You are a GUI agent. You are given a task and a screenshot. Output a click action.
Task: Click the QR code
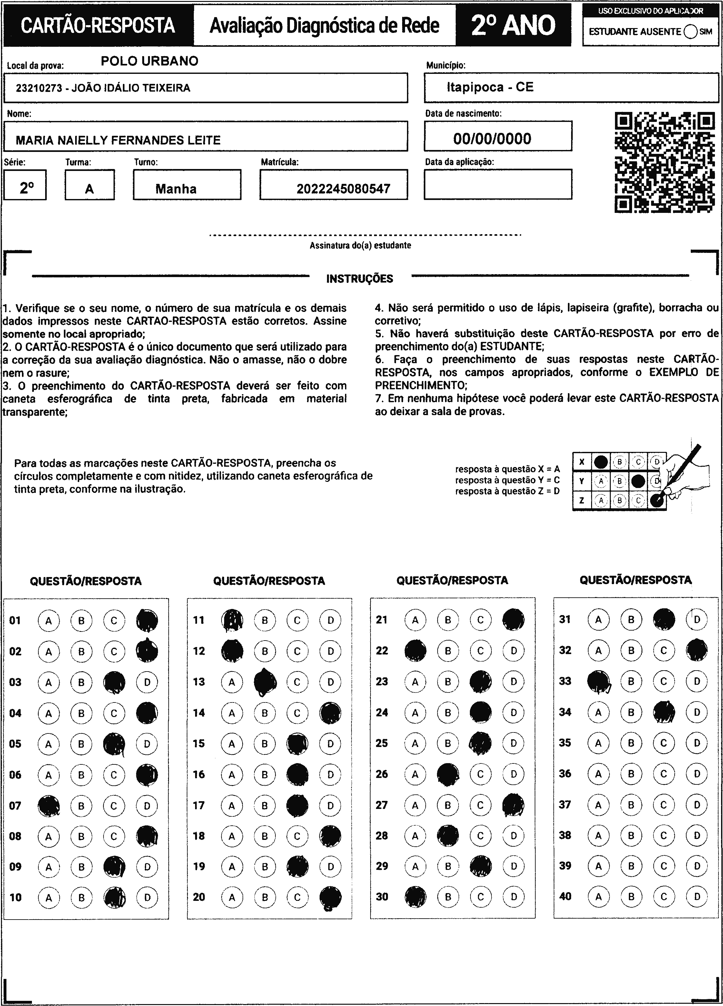(664, 162)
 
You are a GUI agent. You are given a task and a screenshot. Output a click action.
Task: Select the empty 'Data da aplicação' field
(498, 184)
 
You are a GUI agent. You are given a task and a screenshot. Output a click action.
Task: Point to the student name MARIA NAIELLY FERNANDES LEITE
(118, 141)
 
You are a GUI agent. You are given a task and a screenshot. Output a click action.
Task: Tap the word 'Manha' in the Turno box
(176, 189)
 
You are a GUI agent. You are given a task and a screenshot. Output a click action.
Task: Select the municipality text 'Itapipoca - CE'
(490, 87)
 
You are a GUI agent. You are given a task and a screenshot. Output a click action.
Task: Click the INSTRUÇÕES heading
(359, 279)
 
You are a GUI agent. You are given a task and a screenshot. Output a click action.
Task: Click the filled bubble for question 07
(49, 805)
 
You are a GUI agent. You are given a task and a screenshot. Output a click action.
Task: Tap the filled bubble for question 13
(265, 682)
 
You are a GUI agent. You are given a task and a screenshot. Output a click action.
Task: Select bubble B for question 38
(631, 836)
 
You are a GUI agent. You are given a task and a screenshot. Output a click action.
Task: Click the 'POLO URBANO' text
(150, 61)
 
